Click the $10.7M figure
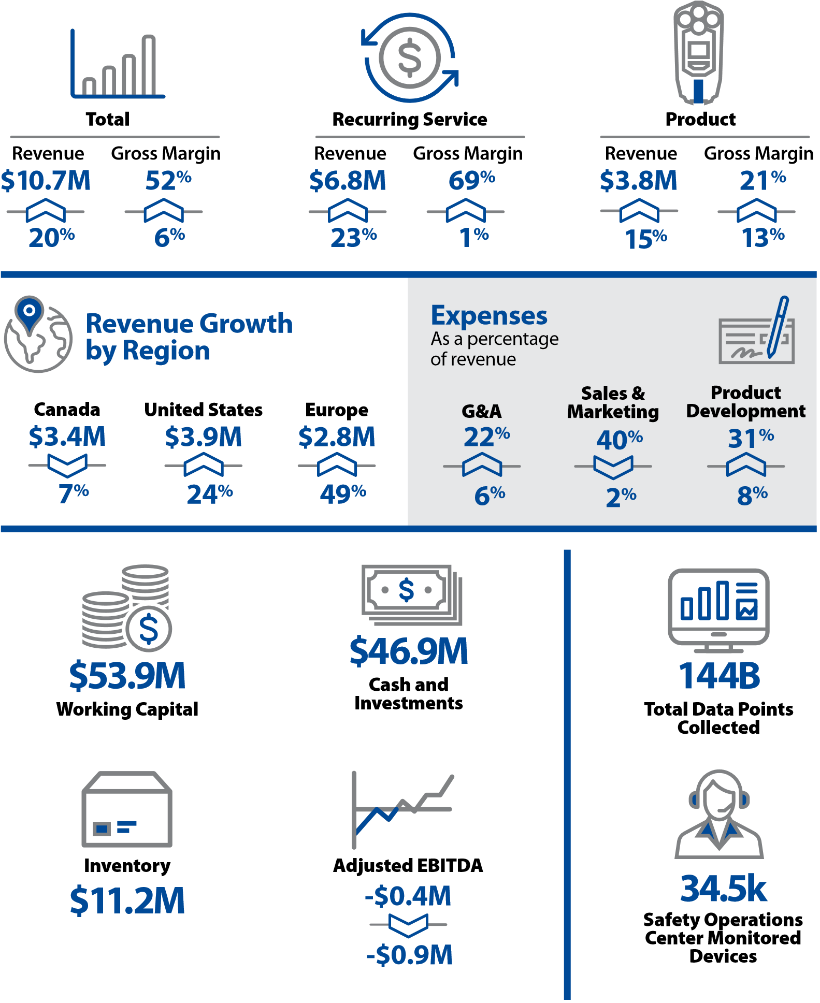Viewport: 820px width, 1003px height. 46,180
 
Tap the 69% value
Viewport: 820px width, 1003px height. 471,180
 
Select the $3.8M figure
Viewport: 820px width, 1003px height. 638,180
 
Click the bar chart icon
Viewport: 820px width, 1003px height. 118,64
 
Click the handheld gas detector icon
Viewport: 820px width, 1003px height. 698,53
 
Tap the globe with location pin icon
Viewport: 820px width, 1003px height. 38,335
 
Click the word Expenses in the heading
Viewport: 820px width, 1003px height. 489,315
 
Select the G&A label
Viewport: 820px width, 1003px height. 481,411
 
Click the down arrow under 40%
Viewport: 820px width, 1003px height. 613,467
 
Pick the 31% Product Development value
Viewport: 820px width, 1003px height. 751,438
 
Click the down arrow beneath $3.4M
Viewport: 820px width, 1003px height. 67,465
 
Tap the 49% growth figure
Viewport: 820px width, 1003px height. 342,494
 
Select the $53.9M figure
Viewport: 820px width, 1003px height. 127,675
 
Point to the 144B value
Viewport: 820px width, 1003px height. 719,676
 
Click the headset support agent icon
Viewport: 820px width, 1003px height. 719,814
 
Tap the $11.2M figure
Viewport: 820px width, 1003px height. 127,900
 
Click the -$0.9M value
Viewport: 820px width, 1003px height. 409,955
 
